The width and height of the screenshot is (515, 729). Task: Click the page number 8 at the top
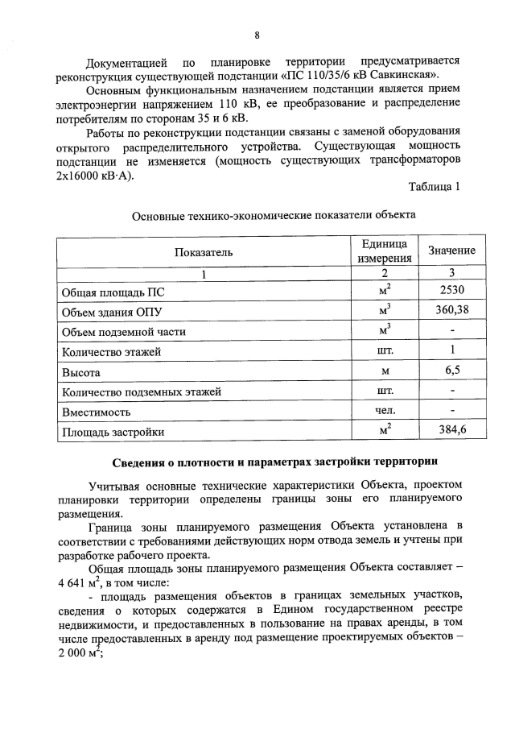coord(257,35)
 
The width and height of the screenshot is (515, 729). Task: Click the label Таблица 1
coord(434,188)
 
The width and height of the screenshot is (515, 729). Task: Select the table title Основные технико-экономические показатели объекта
coord(274,216)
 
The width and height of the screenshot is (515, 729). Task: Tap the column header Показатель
coord(204,251)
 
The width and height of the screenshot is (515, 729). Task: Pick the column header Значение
coord(451,251)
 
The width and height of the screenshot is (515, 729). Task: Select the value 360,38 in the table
coord(451,311)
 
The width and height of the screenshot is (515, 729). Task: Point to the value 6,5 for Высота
coord(451,371)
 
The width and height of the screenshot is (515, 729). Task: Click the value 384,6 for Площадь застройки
coord(451,431)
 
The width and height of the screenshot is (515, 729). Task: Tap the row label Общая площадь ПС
coord(107,292)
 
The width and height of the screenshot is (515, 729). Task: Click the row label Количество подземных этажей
coord(142,392)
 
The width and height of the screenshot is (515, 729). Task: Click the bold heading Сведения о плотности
coord(274,462)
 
